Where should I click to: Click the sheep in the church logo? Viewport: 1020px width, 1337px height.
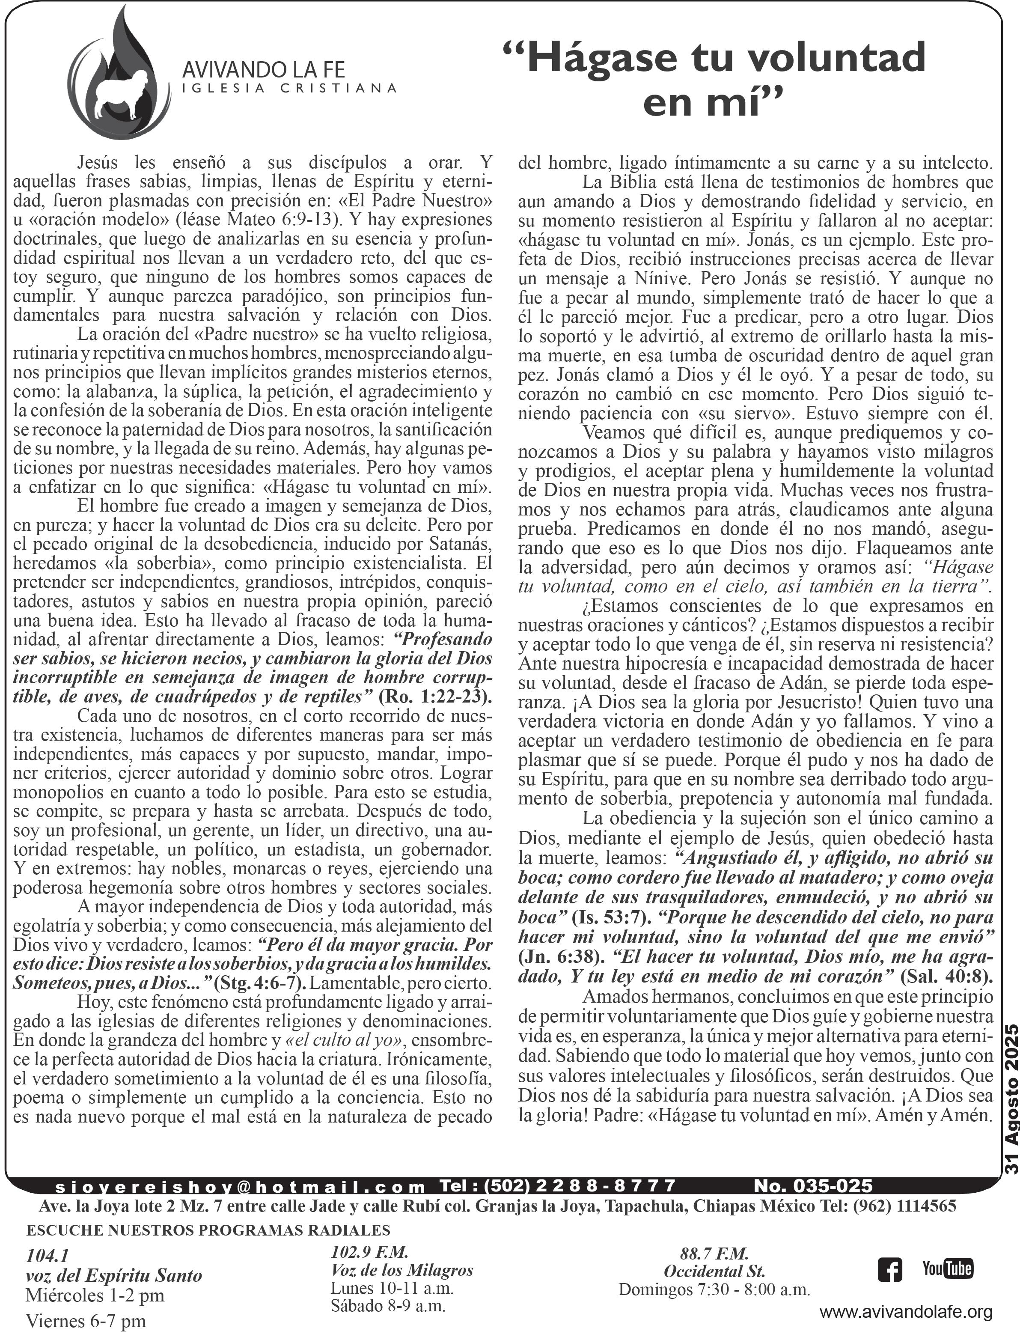coord(126,94)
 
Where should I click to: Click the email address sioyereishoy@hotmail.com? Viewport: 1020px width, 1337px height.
coord(241,1170)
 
